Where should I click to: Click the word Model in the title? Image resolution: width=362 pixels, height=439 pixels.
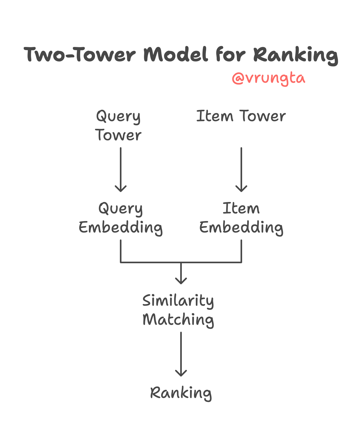click(175, 55)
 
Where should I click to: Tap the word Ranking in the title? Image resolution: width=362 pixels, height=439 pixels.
click(295, 55)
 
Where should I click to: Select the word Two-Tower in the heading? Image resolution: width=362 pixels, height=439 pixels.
click(80, 55)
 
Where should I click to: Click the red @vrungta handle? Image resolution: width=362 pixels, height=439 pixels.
click(268, 78)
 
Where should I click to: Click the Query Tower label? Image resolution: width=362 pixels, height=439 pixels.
click(118, 126)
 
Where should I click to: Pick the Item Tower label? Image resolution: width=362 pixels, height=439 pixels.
click(241, 116)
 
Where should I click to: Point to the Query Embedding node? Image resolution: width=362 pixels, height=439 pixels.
click(121, 218)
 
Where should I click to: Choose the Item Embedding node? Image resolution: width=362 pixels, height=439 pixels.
click(241, 218)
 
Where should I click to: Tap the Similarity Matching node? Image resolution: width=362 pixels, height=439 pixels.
click(178, 310)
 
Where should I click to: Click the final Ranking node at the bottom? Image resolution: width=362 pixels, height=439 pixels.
click(181, 393)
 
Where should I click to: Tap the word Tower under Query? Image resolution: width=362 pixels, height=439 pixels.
click(118, 135)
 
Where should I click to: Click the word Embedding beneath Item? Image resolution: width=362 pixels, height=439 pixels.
click(241, 227)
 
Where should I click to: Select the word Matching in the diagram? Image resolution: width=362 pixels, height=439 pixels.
click(178, 320)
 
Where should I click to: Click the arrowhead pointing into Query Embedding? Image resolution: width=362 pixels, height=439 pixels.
click(121, 189)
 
